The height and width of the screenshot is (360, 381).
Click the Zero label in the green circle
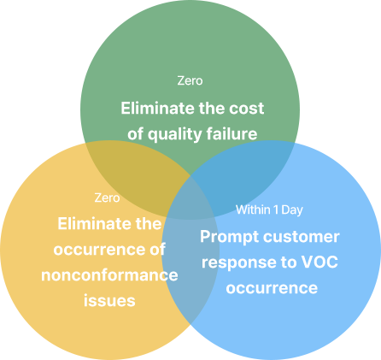pos(190,80)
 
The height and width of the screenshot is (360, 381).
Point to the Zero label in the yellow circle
pos(107,198)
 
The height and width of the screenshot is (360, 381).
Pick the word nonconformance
pos(109,275)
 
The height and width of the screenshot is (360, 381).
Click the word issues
pos(109,301)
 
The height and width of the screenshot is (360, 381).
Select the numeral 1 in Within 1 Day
pos(276,210)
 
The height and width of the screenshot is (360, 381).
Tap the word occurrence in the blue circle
pos(272,288)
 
